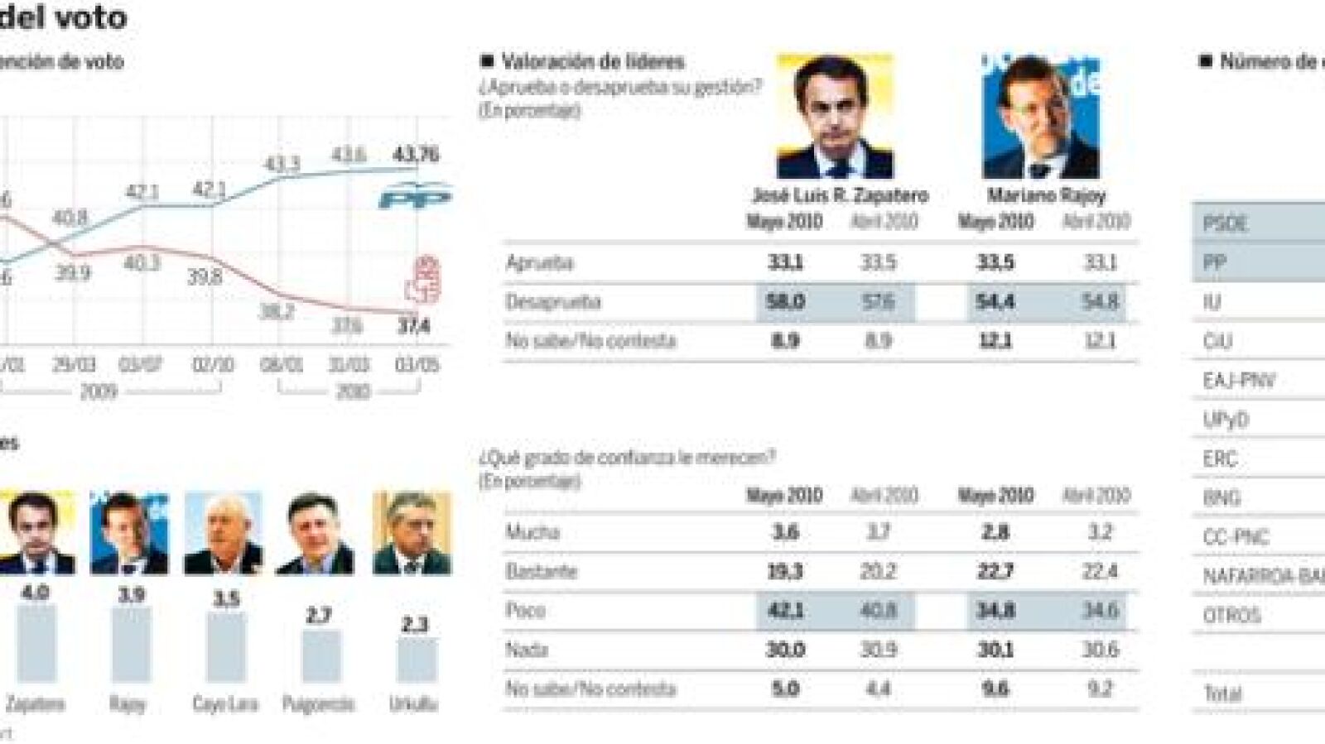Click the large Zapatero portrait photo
click(836, 117)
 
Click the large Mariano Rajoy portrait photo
click(1041, 117)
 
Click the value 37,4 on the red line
click(413, 327)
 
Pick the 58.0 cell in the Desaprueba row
click(785, 302)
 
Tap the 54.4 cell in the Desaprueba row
click(995, 302)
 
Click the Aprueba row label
click(539, 263)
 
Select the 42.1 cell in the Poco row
click(785, 611)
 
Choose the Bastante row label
click(541, 572)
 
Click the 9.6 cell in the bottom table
click(995, 689)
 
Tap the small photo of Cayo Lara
click(224, 534)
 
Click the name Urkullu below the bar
click(413, 705)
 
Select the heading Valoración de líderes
click(593, 61)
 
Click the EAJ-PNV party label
click(1239, 381)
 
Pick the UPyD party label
click(1226, 420)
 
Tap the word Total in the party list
click(1222, 694)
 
